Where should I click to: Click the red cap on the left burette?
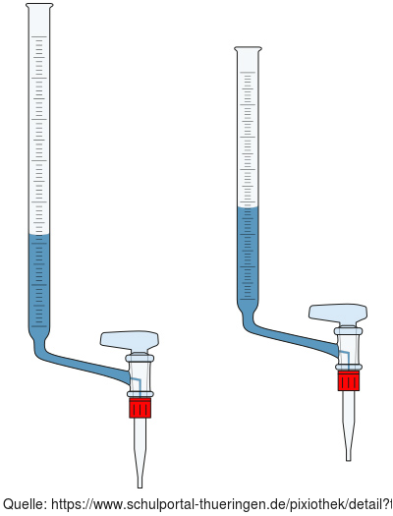click(140, 408)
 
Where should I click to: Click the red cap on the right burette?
click(348, 380)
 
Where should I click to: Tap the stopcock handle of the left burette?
click(130, 341)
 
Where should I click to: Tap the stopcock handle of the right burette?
click(338, 314)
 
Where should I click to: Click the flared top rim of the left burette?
click(39, 6)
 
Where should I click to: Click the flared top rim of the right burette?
click(248, 49)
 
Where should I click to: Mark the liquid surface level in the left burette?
click(39, 235)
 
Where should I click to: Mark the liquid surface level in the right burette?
click(248, 207)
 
